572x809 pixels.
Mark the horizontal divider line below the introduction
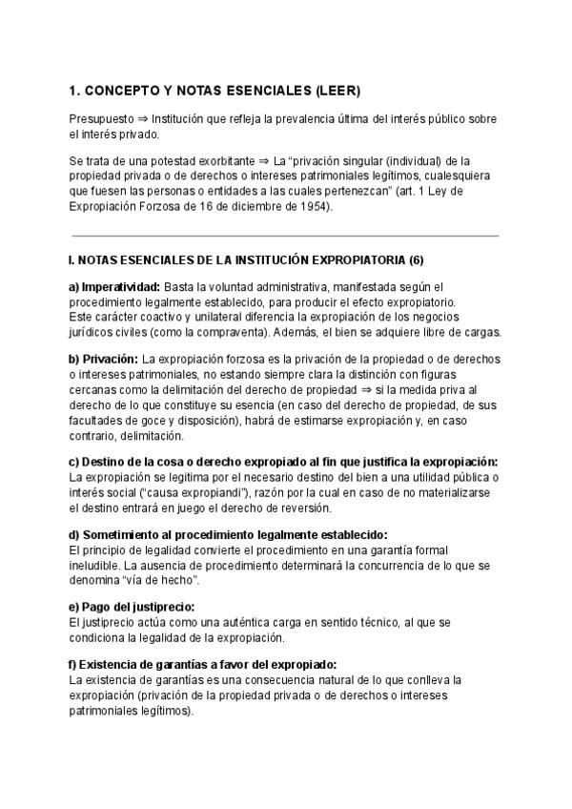[285, 235]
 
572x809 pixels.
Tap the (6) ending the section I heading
[415, 259]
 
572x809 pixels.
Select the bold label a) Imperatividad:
[114, 287]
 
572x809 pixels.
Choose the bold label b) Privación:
[104, 358]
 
